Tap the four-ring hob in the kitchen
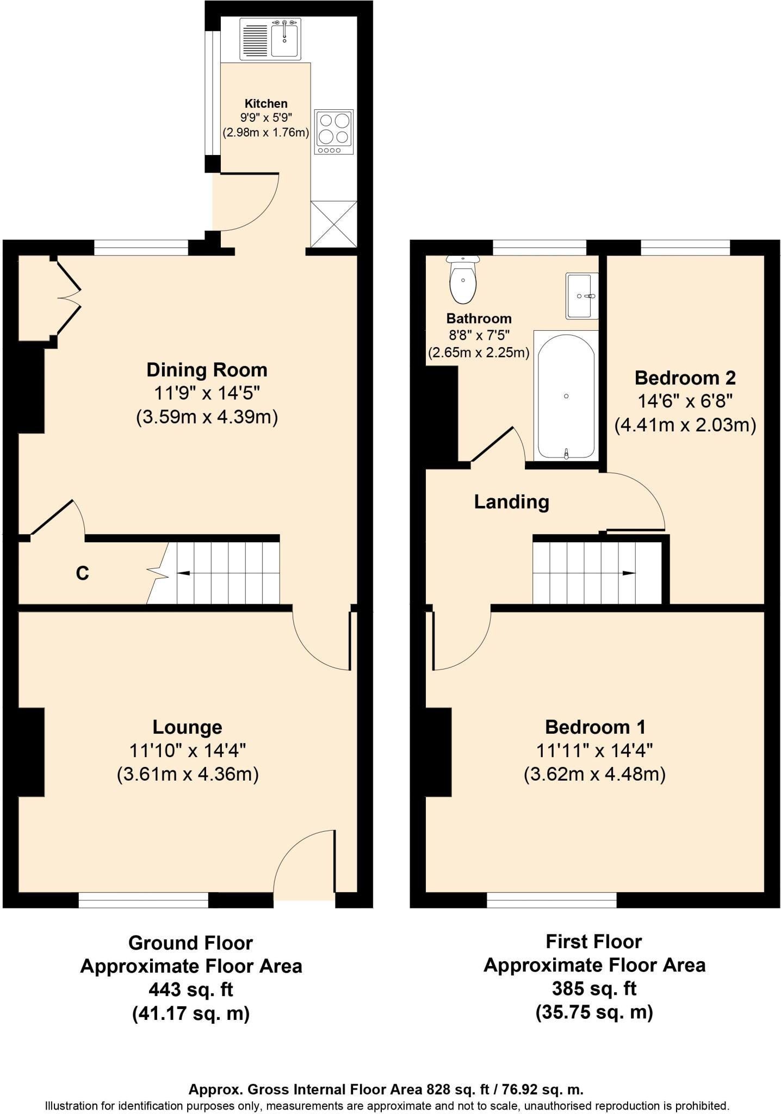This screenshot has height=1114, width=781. [334, 132]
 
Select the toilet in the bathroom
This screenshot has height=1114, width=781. [463, 280]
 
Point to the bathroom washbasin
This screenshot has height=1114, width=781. [582, 296]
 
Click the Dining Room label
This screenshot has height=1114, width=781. [207, 370]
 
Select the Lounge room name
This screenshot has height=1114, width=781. [187, 727]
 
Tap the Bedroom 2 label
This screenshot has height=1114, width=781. [685, 377]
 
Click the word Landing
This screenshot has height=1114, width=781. [511, 502]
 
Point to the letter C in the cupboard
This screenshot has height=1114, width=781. [82, 573]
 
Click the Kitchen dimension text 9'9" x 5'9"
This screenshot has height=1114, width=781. [265, 117]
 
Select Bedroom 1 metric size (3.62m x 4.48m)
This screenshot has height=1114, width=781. [594, 774]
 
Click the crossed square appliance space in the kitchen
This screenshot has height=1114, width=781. [333, 224]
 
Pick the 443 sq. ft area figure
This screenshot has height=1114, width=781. [191, 989]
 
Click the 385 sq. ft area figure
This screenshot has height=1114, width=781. [594, 988]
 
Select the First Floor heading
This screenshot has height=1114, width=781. [594, 942]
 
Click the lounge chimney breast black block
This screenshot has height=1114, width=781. [31, 753]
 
